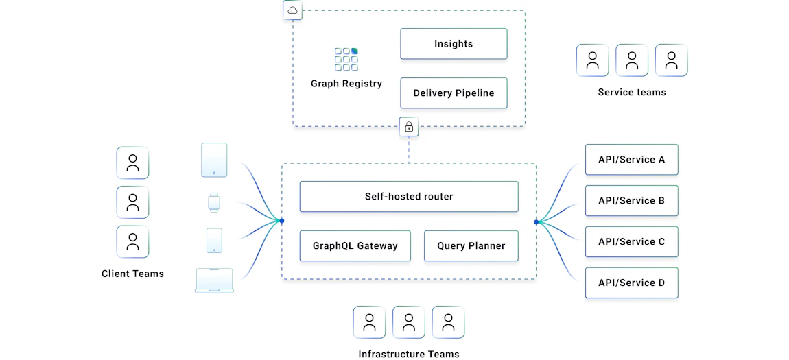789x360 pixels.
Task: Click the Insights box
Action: [x=454, y=44]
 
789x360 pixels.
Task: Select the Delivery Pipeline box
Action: [x=454, y=93]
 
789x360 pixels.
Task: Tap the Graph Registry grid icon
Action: [x=346, y=59]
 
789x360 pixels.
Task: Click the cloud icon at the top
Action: [x=293, y=10]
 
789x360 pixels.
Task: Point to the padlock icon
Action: [x=409, y=127]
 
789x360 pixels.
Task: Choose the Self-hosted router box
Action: [x=409, y=197]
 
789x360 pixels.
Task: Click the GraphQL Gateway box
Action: [x=355, y=246]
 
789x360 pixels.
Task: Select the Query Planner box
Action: [x=471, y=246]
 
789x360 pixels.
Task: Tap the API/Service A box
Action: [x=631, y=160]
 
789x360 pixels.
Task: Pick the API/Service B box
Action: [x=631, y=201]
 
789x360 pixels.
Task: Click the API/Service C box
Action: [x=631, y=242]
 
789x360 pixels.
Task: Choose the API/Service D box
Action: [x=631, y=283]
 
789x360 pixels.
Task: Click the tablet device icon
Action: [x=214, y=160]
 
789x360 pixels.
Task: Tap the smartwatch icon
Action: [x=214, y=203]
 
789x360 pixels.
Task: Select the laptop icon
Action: [x=214, y=281]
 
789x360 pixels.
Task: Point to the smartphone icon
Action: [x=214, y=241]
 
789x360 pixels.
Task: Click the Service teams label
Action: [x=632, y=93]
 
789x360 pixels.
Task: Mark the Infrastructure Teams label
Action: [x=409, y=355]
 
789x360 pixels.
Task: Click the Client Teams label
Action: [x=132, y=274]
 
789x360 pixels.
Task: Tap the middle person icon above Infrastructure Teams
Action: [x=409, y=322]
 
